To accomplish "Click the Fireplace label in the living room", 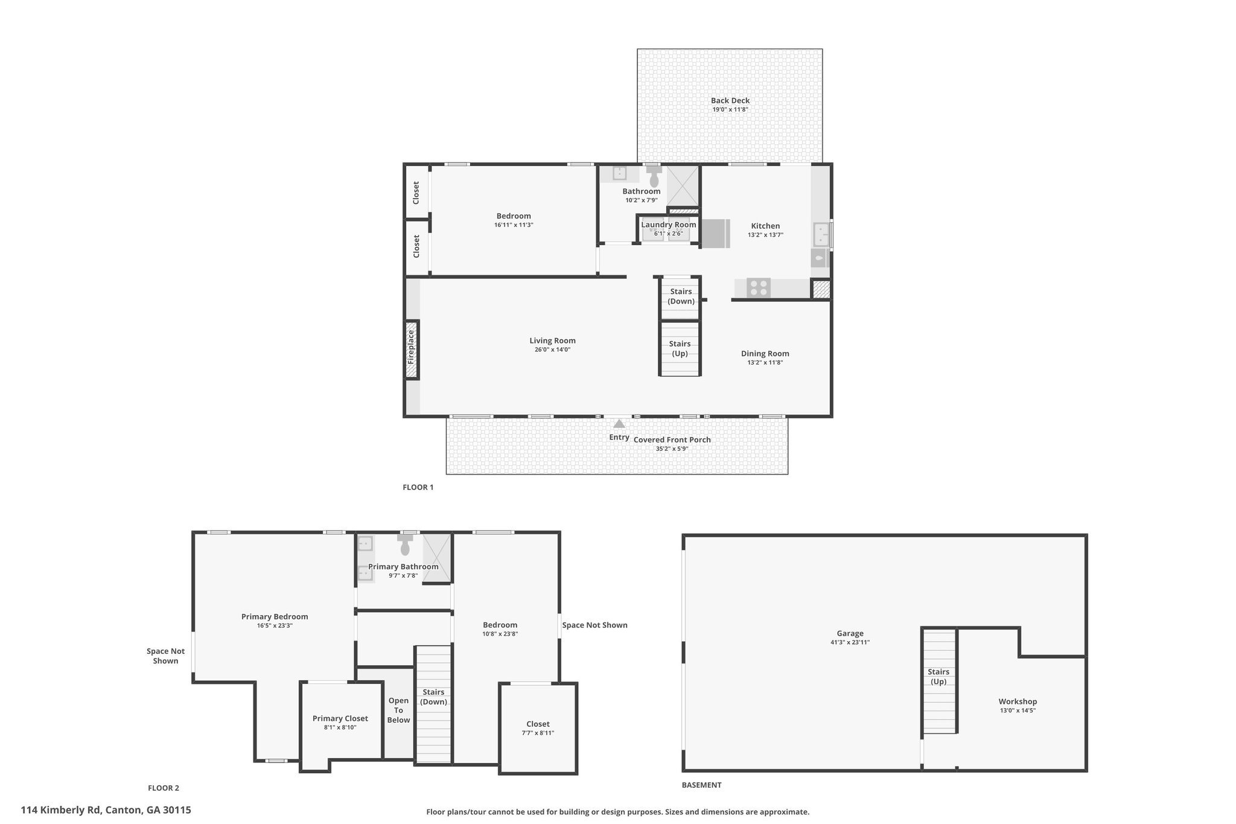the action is click(x=411, y=349).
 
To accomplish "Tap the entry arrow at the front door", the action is click(x=619, y=424).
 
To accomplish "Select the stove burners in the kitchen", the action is click(x=759, y=288).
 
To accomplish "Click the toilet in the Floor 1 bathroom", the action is click(x=654, y=177).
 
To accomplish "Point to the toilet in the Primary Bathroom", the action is click(x=405, y=545).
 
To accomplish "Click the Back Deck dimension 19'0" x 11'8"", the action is click(x=730, y=109).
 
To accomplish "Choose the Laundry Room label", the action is click(x=669, y=225).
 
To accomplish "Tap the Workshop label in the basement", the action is click(x=1018, y=701).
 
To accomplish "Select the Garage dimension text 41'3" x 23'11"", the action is click(x=850, y=642).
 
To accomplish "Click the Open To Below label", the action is click(x=398, y=710).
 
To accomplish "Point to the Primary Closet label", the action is click(x=340, y=718).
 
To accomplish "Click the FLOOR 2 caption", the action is click(x=164, y=788).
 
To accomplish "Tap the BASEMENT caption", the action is click(x=701, y=785).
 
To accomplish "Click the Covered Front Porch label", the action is click(x=672, y=439).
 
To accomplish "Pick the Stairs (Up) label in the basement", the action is click(x=938, y=677).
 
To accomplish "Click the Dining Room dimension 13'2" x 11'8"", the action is click(x=765, y=362).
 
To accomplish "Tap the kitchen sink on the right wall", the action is click(x=821, y=235).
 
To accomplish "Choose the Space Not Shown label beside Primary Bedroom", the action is click(x=166, y=656).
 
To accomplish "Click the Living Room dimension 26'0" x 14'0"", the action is click(x=552, y=350).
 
